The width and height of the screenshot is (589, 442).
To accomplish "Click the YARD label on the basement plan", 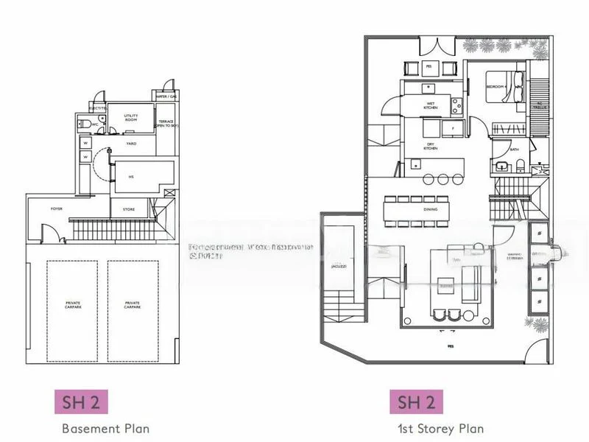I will click(131, 144).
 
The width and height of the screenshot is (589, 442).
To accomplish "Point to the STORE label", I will click(128, 209).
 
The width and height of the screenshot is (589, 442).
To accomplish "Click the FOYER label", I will click(56, 209).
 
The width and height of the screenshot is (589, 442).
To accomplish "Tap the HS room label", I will click(131, 176).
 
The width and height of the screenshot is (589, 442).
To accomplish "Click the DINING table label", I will click(431, 209).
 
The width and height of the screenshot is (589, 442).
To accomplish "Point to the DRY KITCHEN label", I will click(431, 146).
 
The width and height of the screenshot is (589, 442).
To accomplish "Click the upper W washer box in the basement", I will click(85, 143).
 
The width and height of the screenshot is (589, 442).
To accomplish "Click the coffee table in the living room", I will click(444, 281).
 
